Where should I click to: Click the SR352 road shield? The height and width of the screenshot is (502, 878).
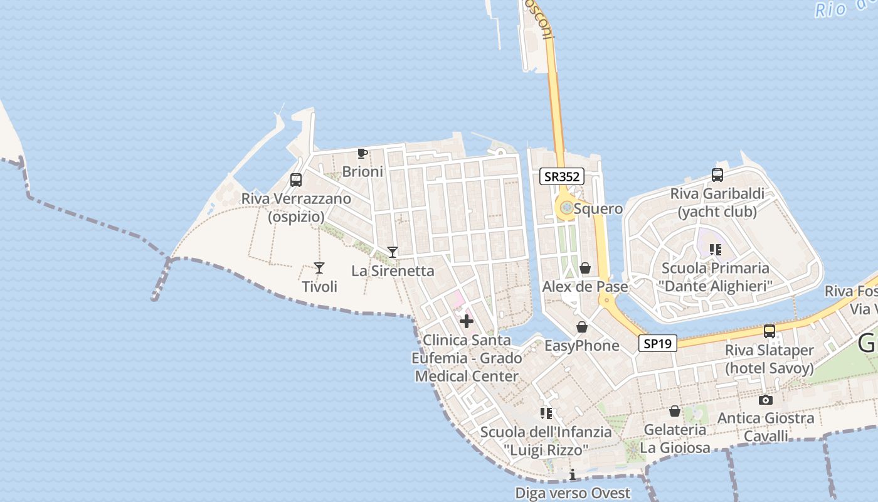point(562,177)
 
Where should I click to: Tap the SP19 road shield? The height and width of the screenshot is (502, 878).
point(658,343)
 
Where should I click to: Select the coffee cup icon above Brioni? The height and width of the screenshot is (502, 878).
point(362,153)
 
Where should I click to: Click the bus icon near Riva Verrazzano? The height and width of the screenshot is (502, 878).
point(296,180)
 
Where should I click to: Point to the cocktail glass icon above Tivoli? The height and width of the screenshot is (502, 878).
point(319,268)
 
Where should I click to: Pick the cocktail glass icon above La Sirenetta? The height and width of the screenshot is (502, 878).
point(393,252)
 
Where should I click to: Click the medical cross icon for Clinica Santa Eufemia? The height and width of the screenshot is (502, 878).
point(467,322)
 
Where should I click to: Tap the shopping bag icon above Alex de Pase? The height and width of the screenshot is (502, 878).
point(585,269)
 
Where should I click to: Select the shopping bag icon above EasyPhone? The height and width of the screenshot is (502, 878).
point(582,327)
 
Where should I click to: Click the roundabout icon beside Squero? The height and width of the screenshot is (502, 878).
point(566,208)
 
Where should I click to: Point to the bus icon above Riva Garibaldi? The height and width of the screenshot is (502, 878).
point(717,175)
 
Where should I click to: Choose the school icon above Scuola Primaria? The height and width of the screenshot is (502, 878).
point(716,250)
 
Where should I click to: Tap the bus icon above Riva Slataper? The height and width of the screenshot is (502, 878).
point(770,331)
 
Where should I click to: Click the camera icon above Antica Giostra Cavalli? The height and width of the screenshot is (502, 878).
point(765,400)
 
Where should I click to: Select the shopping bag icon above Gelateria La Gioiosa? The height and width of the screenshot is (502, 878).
point(675,411)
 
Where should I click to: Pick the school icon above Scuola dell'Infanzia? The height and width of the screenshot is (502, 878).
point(546,413)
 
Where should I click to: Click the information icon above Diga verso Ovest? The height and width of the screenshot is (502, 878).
point(572,475)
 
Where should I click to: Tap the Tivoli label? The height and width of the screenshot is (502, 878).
point(320,287)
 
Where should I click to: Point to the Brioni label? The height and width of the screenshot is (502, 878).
point(362,171)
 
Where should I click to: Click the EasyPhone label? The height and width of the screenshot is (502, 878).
point(581,346)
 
